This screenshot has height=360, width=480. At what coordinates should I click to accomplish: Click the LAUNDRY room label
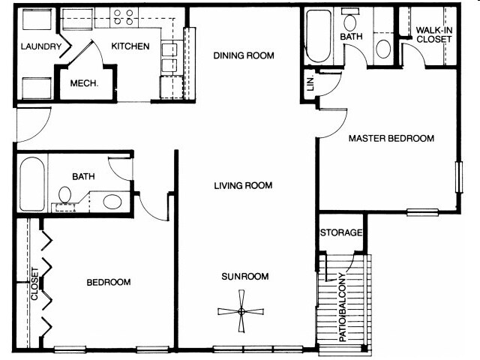pyautogui.click(x=40, y=46)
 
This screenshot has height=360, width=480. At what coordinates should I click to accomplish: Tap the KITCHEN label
pyautogui.click(x=130, y=46)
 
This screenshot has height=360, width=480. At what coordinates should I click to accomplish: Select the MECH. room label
pyautogui.click(x=85, y=83)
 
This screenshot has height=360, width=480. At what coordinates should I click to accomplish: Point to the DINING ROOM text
pyautogui.click(x=243, y=55)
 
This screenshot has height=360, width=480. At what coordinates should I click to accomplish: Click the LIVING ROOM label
pyautogui.click(x=242, y=185)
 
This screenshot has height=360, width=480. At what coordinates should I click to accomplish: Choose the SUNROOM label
pyautogui.click(x=244, y=277)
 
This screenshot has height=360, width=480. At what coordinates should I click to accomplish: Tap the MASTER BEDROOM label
pyautogui.click(x=391, y=139)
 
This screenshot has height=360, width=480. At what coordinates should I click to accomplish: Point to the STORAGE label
pyautogui.click(x=342, y=233)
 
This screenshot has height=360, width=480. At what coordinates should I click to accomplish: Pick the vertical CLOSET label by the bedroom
pyautogui.click(x=34, y=283)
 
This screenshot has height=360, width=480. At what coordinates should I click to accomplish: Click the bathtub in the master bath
pyautogui.click(x=318, y=37)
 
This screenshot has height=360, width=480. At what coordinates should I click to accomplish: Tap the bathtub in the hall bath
pyautogui.click(x=33, y=184)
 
